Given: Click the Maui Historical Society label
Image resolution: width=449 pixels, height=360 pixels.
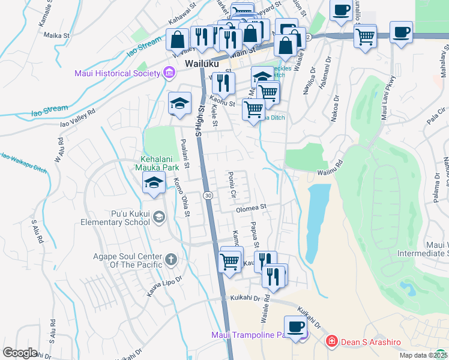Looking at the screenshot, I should [117, 74].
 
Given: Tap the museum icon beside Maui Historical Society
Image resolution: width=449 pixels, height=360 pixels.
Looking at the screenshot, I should [169, 74].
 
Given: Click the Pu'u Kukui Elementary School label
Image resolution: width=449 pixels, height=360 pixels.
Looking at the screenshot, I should [115, 217].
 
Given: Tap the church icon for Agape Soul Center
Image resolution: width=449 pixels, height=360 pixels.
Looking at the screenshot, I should [170, 260].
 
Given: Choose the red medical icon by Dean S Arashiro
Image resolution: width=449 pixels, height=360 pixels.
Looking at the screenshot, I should [330, 341].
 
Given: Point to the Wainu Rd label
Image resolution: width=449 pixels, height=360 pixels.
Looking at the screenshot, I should [330, 168].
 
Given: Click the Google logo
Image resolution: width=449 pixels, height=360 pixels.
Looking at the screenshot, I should [20, 353].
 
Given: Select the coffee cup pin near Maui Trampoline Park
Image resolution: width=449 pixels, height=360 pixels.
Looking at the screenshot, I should [295, 327].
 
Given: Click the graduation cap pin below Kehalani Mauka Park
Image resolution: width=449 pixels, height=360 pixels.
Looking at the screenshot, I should [154, 182].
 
